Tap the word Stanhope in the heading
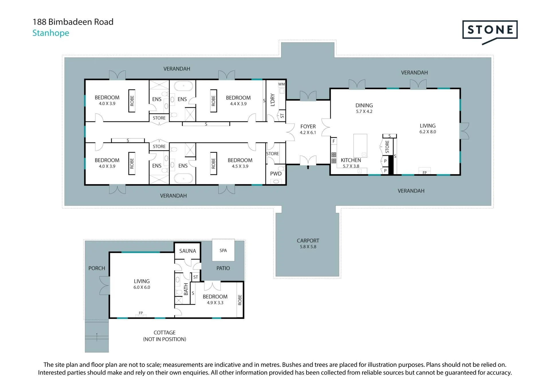(x=51, y=33)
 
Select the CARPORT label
(x=308, y=241)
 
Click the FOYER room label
(x=308, y=126)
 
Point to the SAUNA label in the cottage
(x=188, y=251)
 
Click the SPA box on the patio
(x=223, y=250)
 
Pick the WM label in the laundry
(x=282, y=84)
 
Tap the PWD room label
(x=276, y=174)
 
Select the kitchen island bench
(x=360, y=145)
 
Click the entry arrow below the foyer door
(x=308, y=167)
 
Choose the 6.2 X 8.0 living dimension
(x=428, y=132)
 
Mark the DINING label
(x=364, y=105)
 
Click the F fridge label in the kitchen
(x=333, y=141)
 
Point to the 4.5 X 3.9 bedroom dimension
(x=240, y=166)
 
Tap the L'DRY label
(x=273, y=100)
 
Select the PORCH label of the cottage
(x=97, y=268)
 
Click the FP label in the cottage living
(x=141, y=313)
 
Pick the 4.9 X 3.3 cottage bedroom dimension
(x=215, y=303)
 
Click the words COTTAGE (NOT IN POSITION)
(x=165, y=336)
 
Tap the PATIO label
(x=223, y=268)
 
